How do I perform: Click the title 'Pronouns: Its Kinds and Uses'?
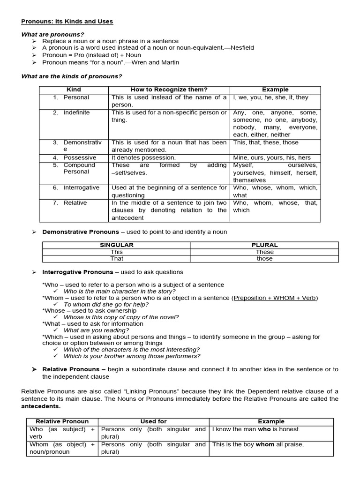[x=67, y=22]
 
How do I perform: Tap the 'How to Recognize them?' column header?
[x=169, y=90]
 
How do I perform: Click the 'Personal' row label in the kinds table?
[x=76, y=97]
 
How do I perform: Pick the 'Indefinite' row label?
[x=76, y=112]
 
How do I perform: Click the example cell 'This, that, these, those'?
[x=265, y=142]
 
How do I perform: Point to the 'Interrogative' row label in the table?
[x=81, y=187]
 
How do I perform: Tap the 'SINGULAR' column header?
[x=117, y=245]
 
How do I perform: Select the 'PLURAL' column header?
[x=264, y=245]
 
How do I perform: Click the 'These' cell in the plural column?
[x=264, y=252]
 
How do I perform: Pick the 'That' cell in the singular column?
[x=117, y=259]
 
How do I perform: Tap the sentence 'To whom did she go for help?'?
[x=106, y=304]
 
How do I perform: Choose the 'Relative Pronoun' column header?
[x=62, y=421]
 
